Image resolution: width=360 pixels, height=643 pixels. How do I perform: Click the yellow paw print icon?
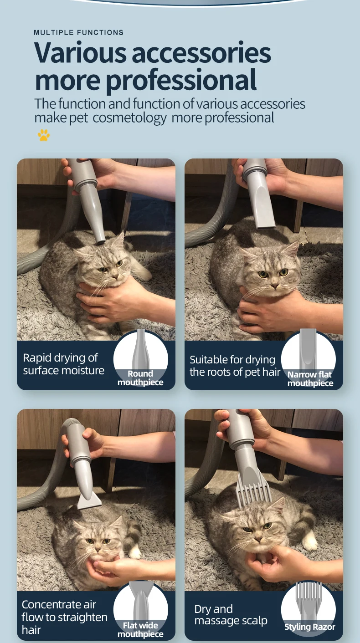tap(44, 135)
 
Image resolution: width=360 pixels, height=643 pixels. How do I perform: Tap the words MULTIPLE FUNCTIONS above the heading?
tap(79, 32)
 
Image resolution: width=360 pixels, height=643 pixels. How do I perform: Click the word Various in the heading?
tap(80, 53)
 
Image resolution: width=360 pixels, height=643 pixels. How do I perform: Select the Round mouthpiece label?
tap(140, 378)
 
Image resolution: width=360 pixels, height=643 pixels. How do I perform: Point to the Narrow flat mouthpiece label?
tap(310, 379)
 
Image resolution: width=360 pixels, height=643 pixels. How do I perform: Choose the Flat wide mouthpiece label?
tap(140, 629)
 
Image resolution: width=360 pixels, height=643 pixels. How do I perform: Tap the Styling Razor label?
tap(310, 627)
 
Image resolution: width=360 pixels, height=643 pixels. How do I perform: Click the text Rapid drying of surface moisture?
tap(63, 364)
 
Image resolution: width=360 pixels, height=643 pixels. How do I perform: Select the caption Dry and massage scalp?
tap(231, 615)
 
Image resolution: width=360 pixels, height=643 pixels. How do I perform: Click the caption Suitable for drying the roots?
tap(235, 366)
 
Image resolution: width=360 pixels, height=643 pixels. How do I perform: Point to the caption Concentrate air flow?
tap(64, 617)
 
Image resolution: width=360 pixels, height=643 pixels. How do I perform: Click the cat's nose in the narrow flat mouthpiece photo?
tap(275, 286)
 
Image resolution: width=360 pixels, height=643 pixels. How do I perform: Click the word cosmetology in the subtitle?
tap(129, 118)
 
